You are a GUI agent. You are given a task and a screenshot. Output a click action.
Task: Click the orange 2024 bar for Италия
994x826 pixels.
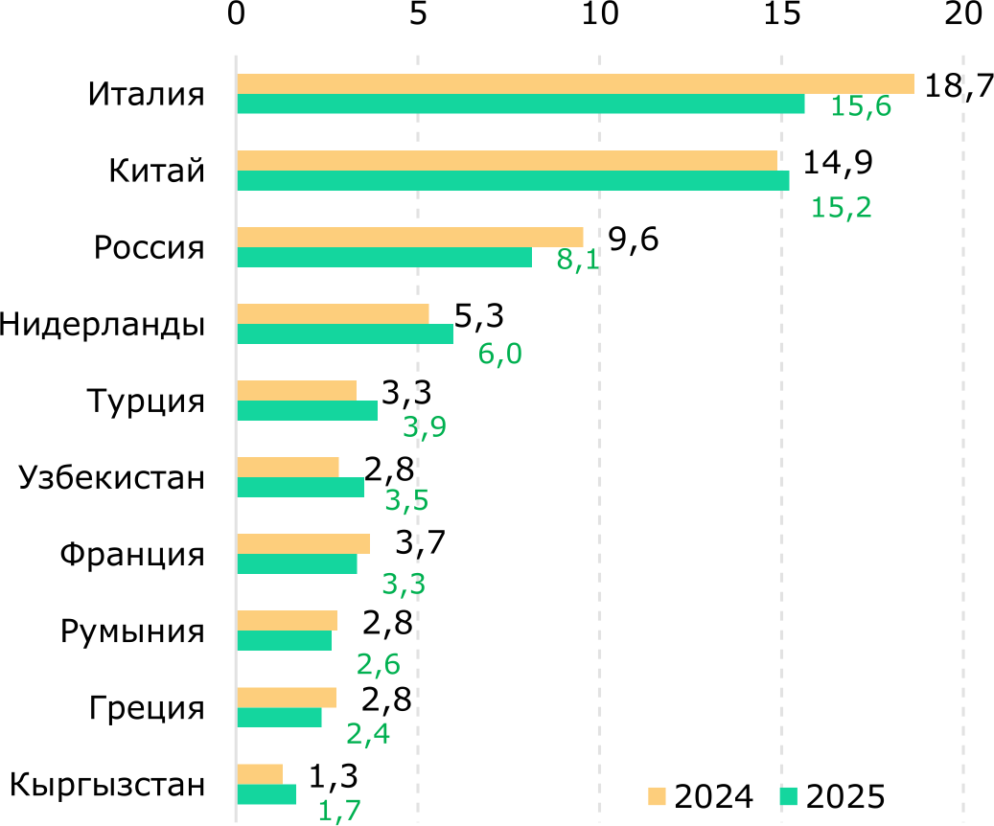pos(575,84)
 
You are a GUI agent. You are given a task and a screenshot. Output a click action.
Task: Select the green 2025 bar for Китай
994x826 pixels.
pos(513,181)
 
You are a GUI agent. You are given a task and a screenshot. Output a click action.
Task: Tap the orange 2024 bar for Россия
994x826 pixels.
pos(409,238)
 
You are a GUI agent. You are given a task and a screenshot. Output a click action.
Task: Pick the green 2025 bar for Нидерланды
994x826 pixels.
pos(345,333)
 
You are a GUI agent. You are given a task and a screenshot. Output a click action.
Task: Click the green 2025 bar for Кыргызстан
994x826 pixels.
pos(266,794)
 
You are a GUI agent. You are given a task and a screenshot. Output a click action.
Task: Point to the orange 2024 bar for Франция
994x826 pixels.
pos(303,544)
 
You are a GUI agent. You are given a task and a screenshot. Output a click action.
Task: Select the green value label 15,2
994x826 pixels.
pos(842,207)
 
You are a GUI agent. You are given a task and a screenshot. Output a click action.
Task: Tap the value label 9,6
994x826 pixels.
pos(634,240)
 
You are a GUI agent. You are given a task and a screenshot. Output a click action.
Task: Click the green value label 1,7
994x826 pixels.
pos(339,812)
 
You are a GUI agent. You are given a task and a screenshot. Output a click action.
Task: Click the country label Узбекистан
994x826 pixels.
pos(112,477)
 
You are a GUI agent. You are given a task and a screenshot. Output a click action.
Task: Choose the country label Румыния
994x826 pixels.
pos(132,631)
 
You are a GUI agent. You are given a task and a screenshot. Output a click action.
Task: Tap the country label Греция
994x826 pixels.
pos(148,709)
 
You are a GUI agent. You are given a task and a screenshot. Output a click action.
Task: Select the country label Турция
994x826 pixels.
pos(145,401)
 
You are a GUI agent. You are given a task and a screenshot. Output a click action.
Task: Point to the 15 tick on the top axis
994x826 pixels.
pos(781,15)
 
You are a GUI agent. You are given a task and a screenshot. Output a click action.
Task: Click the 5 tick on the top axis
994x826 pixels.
pos(417,15)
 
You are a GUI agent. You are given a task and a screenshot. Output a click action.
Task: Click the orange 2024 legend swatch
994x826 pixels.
pos(657,795)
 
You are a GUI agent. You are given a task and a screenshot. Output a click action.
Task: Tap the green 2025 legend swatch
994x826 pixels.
pos(789,795)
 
